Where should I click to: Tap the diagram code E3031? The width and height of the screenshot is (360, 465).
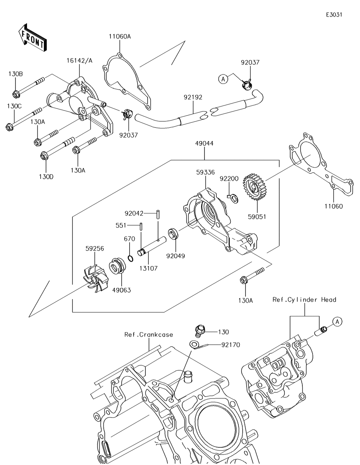tap(334, 15)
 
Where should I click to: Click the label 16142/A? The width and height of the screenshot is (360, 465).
tap(79, 60)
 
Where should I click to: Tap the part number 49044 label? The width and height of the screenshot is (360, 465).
tap(204, 143)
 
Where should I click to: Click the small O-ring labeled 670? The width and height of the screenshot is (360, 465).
tap(131, 258)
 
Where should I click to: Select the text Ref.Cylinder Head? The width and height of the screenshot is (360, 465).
tap(304, 299)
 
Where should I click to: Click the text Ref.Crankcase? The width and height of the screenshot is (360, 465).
tap(148, 335)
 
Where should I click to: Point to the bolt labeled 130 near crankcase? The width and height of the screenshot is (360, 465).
tap(199, 329)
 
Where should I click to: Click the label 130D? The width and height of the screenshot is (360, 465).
tap(46, 177)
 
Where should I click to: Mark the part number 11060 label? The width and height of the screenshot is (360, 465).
tap(333, 206)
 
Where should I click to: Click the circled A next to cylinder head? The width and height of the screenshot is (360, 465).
tap(337, 321)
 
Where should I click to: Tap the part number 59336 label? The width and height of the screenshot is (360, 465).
tap(206, 172)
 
